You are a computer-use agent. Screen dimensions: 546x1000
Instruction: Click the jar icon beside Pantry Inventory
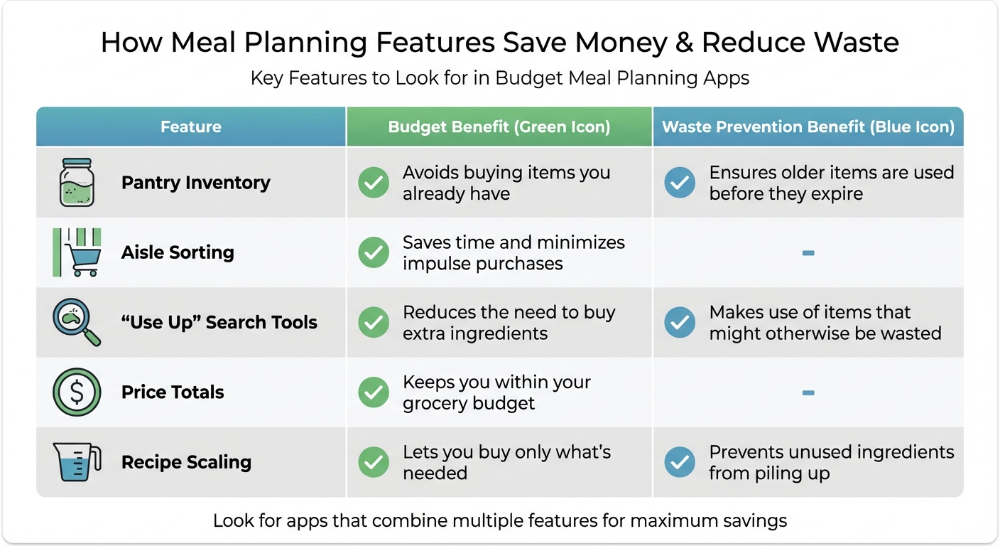pos(76,183)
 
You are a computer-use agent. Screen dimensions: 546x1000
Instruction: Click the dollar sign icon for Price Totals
pos(76,392)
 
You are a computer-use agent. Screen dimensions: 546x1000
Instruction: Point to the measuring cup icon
pos(76,462)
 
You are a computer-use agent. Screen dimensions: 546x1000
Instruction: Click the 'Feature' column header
pos(190,127)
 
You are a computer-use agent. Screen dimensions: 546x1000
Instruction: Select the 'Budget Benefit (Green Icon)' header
pos(499,127)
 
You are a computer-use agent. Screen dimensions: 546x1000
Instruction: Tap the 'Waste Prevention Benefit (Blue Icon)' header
pos(808,127)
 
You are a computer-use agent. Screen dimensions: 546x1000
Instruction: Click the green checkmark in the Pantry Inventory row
pos(374,183)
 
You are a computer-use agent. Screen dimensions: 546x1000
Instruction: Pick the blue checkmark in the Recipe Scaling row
pos(680,462)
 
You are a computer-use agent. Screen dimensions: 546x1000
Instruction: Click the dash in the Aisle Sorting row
pos(808,253)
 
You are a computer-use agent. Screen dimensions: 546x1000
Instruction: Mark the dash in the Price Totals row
pos(808,392)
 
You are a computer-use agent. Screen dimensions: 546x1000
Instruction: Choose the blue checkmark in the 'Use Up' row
pos(680,323)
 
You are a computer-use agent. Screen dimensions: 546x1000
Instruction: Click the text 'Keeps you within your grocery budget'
pos(496,392)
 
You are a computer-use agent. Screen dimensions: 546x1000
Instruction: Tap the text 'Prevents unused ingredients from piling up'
pos(831,462)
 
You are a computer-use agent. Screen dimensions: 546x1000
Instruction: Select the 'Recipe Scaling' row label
pos(186,462)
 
